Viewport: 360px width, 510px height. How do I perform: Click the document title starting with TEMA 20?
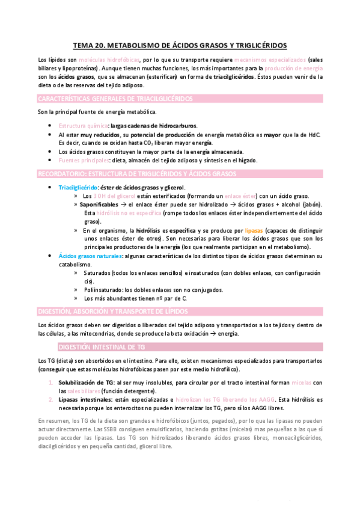click(x=180, y=45)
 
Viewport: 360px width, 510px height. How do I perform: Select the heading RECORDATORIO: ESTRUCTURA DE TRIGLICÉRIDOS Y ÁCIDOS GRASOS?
click(x=137, y=174)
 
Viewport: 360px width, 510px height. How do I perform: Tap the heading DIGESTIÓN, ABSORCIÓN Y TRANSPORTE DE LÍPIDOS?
click(x=112, y=312)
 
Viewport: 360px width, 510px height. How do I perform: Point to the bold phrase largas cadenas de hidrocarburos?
click(x=153, y=126)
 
